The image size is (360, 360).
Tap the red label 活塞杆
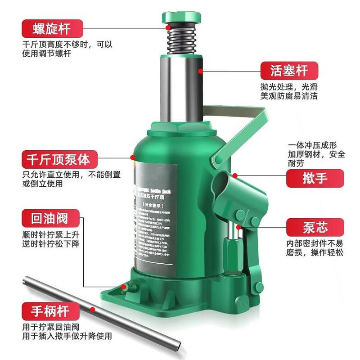click(289, 71)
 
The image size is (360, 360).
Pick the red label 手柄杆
click(51, 310)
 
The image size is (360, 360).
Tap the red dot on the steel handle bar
click(93, 309)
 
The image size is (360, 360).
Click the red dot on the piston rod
click(200, 70)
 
